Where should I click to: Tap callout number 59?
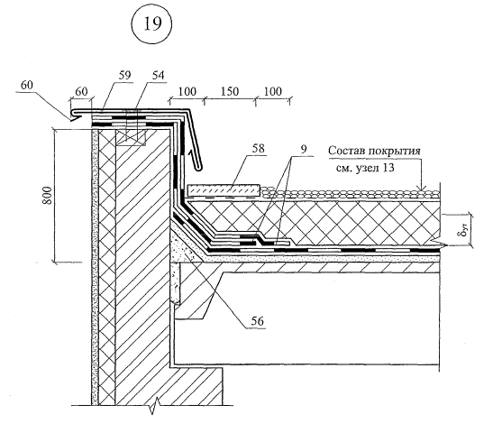pos(124,75)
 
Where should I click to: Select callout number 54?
pos(158,75)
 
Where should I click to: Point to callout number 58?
pos(258,148)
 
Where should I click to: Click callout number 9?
pos(304,149)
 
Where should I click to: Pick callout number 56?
pos(257,321)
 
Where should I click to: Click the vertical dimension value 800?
pos(47,196)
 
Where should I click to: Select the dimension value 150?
pos(230,91)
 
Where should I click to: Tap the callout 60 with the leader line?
pos(27,85)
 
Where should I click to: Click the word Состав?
pos(346,151)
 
